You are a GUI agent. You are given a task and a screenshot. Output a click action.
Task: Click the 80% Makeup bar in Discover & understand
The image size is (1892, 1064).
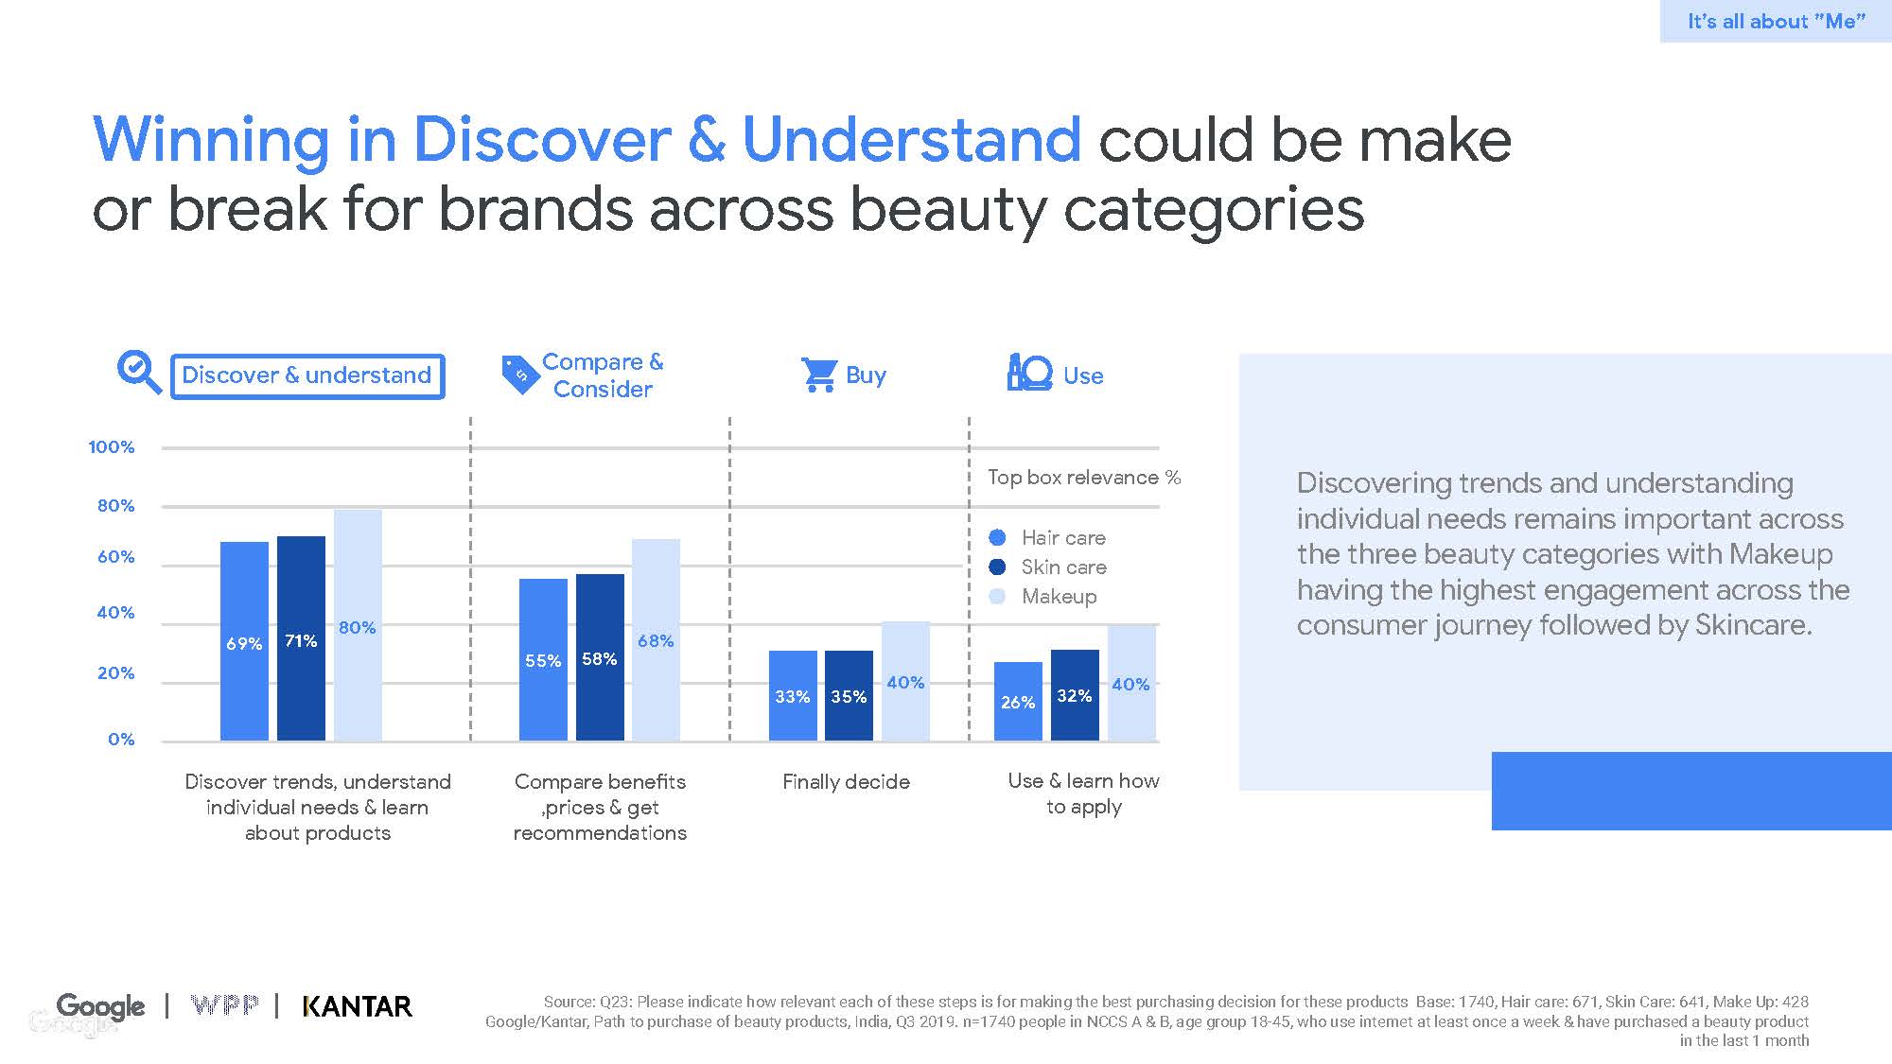[358, 624]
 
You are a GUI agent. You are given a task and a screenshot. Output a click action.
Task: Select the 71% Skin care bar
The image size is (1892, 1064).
[301, 638]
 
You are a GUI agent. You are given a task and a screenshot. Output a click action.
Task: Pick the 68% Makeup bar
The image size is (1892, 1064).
[656, 639]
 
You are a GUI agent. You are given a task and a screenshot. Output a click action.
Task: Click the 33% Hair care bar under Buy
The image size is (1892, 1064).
[793, 695]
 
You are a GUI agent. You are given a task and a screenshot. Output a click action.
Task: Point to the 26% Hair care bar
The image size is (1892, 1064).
[1018, 701]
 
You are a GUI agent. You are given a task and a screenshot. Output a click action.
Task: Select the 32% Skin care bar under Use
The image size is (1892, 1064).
[1075, 694]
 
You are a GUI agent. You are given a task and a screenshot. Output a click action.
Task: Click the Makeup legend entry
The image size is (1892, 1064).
[1059, 597]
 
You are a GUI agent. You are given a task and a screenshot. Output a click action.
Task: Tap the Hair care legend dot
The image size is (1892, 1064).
[997, 538]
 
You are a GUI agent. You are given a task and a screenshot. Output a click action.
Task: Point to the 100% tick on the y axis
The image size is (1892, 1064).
[112, 447]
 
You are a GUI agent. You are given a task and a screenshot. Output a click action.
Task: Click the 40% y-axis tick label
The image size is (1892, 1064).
[115, 613]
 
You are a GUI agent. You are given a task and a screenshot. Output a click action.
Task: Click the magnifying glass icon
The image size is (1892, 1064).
[139, 373]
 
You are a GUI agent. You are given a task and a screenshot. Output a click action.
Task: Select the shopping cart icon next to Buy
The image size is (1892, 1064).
[818, 375]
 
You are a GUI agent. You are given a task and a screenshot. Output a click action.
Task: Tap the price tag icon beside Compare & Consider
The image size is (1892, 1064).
[519, 375]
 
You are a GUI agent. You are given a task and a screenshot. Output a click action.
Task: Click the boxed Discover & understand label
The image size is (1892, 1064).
[307, 375]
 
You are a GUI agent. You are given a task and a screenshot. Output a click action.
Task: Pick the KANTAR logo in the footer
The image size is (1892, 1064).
[357, 1006]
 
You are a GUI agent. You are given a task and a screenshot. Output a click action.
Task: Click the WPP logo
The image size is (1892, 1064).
[224, 1005]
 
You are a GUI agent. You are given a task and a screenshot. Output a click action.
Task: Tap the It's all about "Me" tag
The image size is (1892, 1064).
[1776, 21]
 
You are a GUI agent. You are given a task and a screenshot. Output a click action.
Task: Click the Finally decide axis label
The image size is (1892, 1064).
[846, 782]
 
